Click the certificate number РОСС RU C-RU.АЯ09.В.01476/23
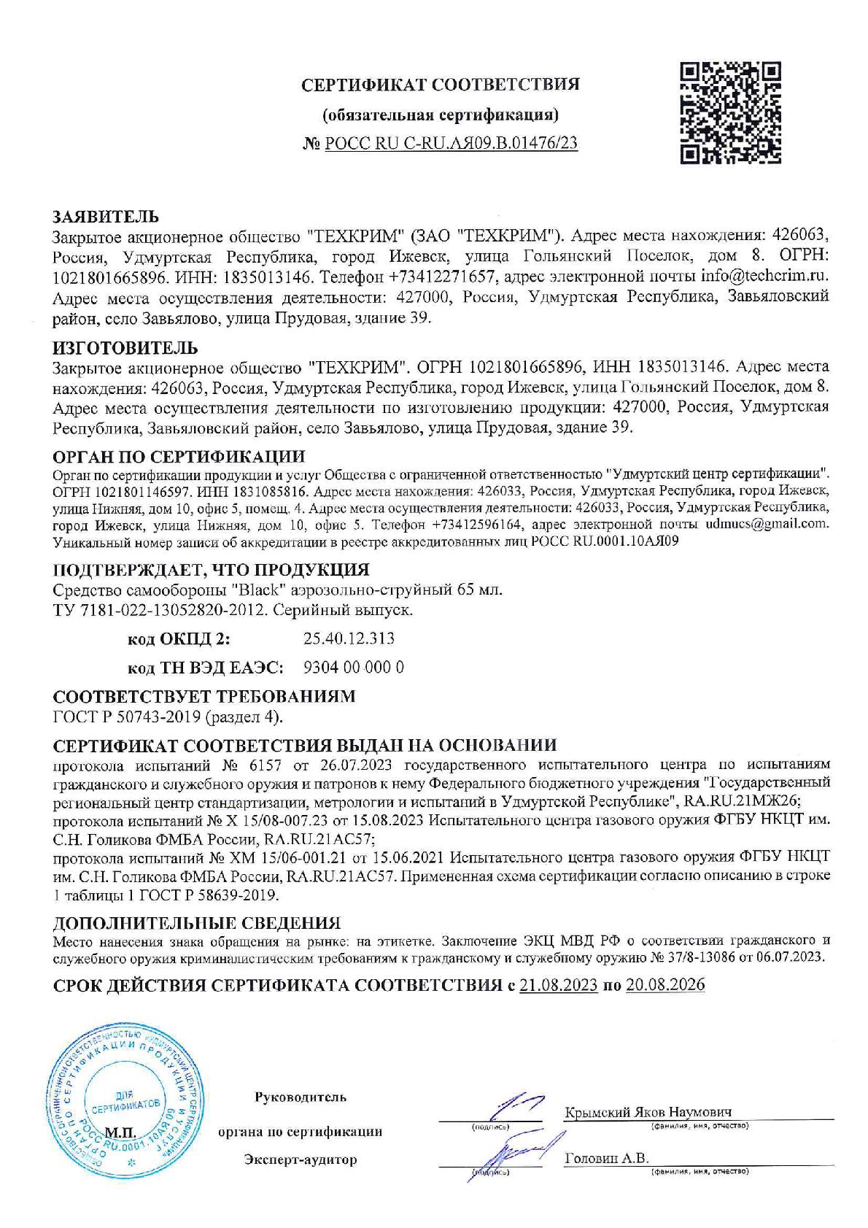pyautogui.click(x=451, y=143)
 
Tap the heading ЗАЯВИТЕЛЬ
pyautogui.click(x=105, y=217)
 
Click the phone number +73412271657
pyautogui.click(x=441, y=277)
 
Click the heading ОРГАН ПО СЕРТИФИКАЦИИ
pyautogui.click(x=179, y=457)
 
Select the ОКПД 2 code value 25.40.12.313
pyautogui.click(x=348, y=638)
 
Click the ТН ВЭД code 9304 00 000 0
pyautogui.click(x=353, y=667)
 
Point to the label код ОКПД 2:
pyautogui.click(x=178, y=639)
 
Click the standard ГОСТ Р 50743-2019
pyautogui.click(x=127, y=717)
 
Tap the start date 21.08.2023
pyautogui.click(x=558, y=985)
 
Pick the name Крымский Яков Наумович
pyautogui.click(x=647, y=1112)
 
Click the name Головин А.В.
pyautogui.click(x=607, y=1159)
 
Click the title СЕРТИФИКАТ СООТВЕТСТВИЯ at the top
pyautogui.click(x=441, y=85)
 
